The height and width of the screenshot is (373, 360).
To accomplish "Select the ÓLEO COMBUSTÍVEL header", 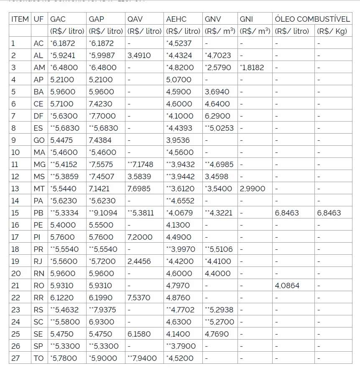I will pos(312,19).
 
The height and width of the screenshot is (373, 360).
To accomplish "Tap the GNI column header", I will pos(246,19).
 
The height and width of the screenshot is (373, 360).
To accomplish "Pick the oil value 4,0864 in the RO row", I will pos(287,286).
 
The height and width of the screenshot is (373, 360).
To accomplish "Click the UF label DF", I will pos(38,116).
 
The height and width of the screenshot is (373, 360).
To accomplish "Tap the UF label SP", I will pos(38,346).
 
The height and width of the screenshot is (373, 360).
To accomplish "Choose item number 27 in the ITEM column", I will pos(15,358).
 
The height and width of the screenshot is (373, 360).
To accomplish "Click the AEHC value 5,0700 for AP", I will pos(179,79).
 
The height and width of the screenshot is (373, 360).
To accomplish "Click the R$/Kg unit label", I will pos(332,31).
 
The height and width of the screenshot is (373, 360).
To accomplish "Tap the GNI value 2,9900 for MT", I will pos(253,189).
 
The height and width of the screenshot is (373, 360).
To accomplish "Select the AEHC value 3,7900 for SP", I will pos(182,346).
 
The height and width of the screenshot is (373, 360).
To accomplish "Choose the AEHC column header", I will pos(176,19).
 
